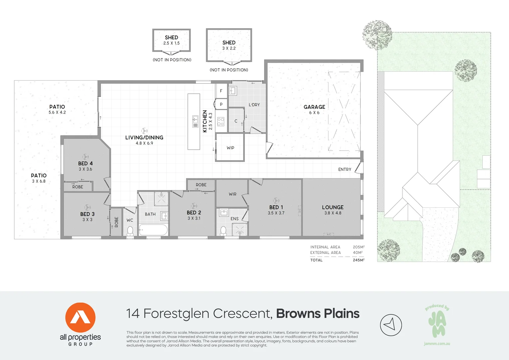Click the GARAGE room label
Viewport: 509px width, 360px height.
tap(314, 107)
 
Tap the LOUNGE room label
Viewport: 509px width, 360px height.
tap(332, 207)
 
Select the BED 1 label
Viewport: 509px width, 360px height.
tap(276, 207)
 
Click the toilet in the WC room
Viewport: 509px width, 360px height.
tap(130, 231)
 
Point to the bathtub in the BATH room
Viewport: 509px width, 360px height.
tap(153, 230)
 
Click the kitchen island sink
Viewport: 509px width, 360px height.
tap(195, 122)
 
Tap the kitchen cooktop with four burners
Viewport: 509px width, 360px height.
tap(221, 122)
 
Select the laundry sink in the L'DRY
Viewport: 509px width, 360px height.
tap(233, 91)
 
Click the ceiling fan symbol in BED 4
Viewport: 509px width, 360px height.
tap(86, 156)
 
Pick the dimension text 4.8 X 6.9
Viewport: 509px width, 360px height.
tap(144, 143)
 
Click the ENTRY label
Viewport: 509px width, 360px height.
tap(344, 169)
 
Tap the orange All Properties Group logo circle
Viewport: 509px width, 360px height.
tap(80, 318)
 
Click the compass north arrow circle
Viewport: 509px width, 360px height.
tap(391, 325)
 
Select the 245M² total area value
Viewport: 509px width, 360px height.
tap(358, 260)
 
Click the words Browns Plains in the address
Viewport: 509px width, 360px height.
tap(317, 314)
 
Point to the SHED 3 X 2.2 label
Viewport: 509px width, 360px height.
tap(229, 45)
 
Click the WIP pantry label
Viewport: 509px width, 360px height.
tap(230, 148)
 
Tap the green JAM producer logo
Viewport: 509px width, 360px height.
tap(437, 322)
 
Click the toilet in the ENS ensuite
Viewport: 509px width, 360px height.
tap(224, 231)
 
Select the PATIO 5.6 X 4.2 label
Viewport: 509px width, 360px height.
tap(57, 109)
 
